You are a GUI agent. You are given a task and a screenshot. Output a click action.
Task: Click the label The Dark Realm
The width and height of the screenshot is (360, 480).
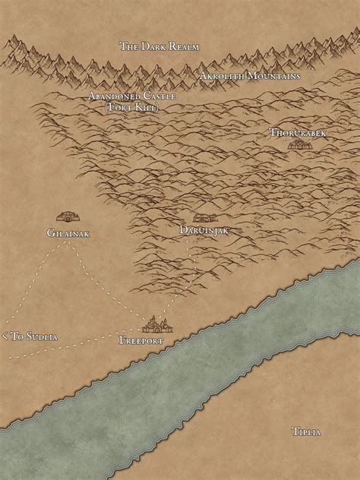159,46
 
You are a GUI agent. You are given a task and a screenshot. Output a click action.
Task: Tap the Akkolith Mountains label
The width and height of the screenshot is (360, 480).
250,76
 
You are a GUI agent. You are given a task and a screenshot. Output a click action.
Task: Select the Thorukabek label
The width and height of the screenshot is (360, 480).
297,132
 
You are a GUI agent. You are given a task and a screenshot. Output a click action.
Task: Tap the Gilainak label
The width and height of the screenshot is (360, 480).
68,233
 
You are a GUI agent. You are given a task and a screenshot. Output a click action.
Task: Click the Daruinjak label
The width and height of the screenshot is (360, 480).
204,229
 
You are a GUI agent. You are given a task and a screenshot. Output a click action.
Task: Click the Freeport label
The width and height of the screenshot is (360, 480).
142,341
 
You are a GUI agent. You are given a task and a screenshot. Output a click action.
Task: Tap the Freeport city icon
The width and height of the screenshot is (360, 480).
158,324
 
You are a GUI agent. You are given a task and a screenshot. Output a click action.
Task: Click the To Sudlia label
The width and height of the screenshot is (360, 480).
34,335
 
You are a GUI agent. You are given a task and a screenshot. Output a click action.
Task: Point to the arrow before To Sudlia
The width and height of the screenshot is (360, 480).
5,335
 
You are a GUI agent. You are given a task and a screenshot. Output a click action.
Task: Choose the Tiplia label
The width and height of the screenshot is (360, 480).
306,431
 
